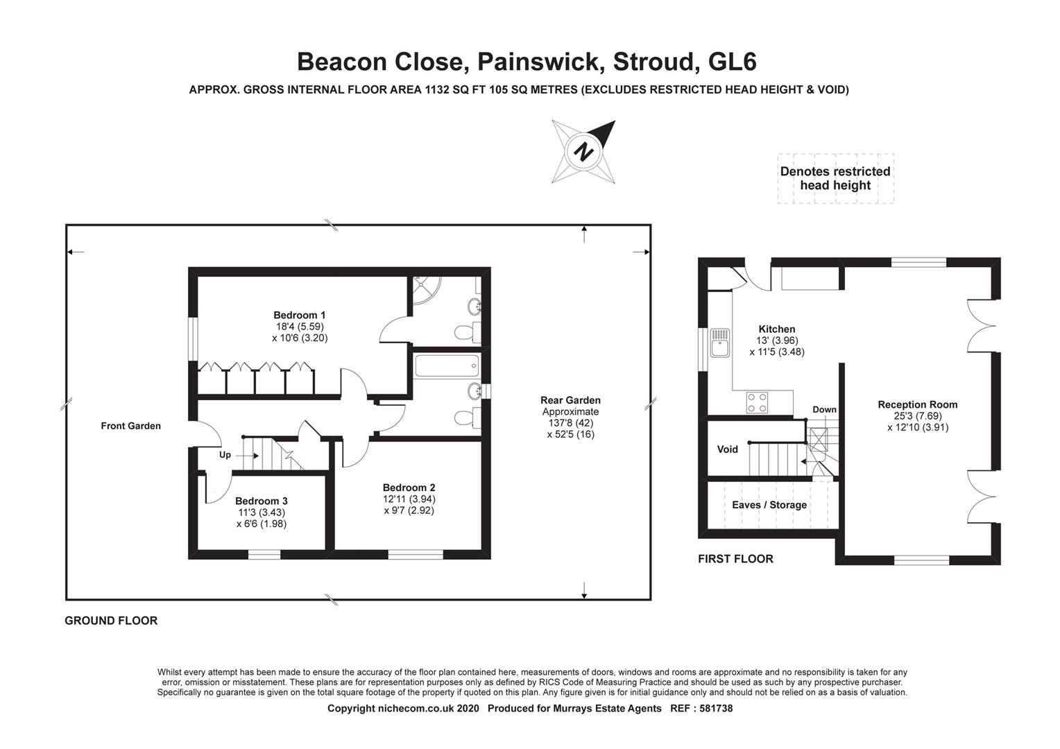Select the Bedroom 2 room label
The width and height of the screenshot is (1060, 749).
[409, 488]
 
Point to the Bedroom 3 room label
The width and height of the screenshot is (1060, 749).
[261, 501]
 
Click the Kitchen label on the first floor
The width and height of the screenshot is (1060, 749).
[776, 329]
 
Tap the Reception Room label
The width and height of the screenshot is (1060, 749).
[917, 404]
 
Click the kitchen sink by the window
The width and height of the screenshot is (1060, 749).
[719, 342]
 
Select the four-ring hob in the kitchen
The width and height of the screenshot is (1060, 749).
[756, 403]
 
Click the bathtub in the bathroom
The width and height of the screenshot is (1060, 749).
[446, 365]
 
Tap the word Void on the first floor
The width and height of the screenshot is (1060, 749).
[727, 449]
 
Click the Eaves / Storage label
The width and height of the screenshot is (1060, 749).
[769, 505]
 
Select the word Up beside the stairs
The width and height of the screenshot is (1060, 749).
[225, 455]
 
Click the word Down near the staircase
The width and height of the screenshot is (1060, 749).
[824, 409]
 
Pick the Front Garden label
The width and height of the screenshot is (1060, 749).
[130, 426]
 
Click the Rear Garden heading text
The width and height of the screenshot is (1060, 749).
[570, 400]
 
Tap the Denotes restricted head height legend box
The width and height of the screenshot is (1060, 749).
[835, 178]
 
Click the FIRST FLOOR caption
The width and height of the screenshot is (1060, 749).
[735, 559]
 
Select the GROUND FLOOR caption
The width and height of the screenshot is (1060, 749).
[111, 621]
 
